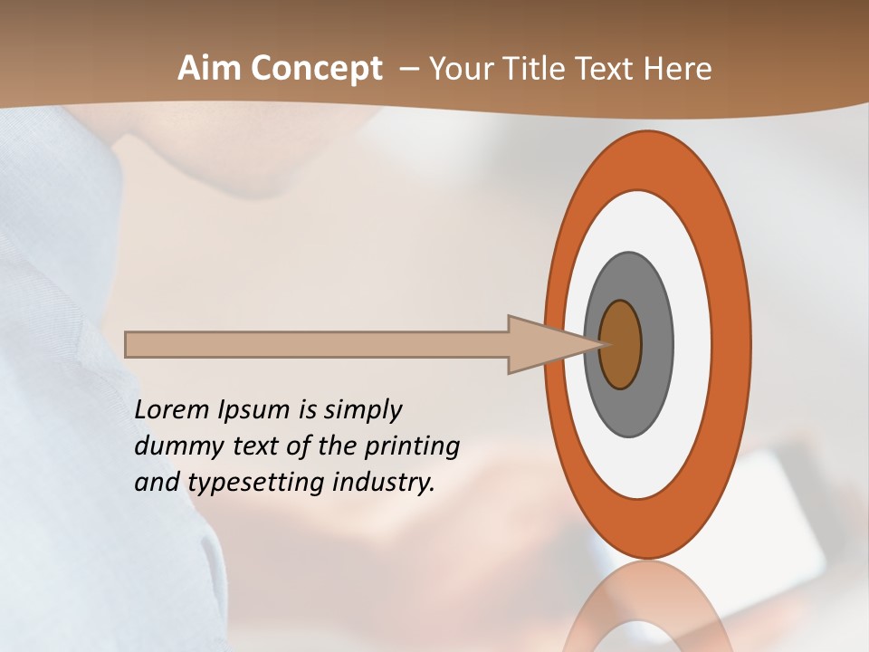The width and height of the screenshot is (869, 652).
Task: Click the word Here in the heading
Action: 680,69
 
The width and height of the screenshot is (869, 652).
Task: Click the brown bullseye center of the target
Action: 620,345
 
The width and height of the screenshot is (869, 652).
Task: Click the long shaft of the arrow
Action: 317,344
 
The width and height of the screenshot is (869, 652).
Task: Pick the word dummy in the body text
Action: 173,446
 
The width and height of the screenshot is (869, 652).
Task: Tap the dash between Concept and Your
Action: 408,70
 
